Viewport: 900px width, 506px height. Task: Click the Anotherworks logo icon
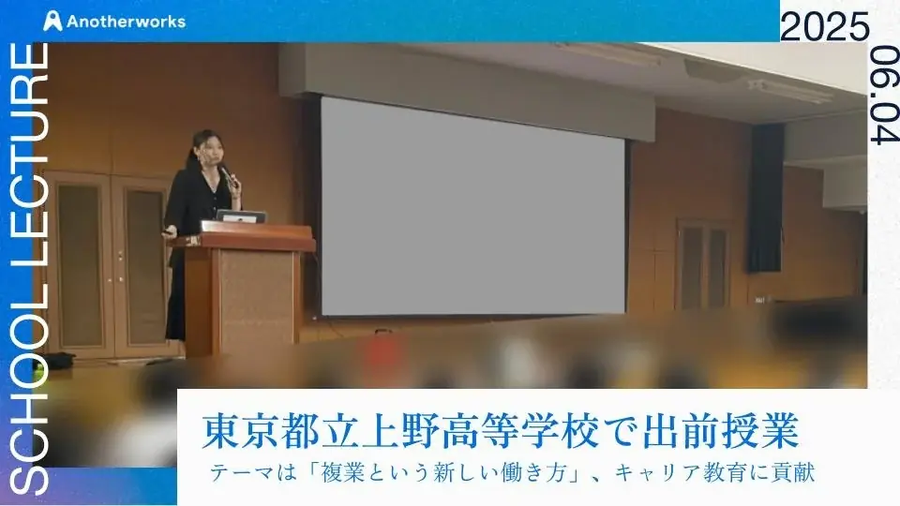pos(54,21)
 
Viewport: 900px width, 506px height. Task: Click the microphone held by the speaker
pos(226,175)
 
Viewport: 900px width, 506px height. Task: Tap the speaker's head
pos(205,147)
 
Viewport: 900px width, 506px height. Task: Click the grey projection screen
pos(472,206)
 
